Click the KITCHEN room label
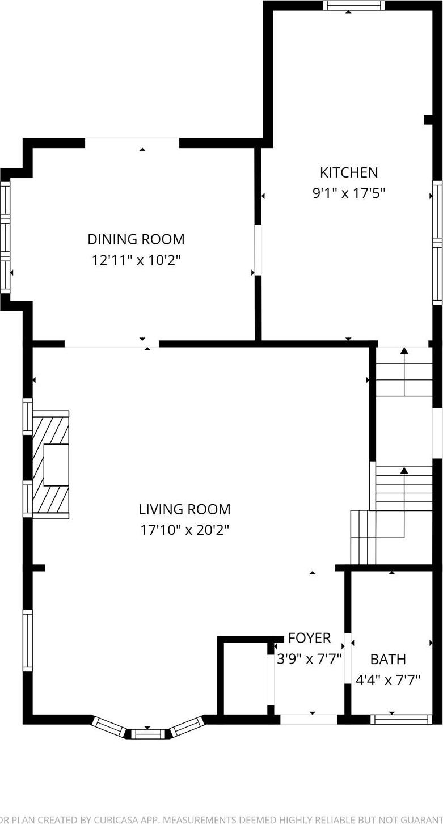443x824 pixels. pyautogui.click(x=348, y=172)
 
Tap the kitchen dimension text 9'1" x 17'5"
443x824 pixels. pyautogui.click(x=348, y=193)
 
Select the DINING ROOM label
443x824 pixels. pyautogui.click(x=136, y=239)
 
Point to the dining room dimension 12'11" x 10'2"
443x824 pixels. pyautogui.click(x=136, y=260)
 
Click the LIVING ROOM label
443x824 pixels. pyautogui.click(x=184, y=509)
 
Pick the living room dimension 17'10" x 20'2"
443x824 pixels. pyautogui.click(x=184, y=530)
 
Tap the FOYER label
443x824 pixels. pyautogui.click(x=309, y=638)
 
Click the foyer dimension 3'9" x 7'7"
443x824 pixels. pyautogui.click(x=309, y=659)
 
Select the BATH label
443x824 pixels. pyautogui.click(x=388, y=659)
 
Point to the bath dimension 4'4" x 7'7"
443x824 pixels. pyautogui.click(x=388, y=679)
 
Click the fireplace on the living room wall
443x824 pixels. pyautogui.click(x=51, y=464)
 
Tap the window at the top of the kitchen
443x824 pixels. pyautogui.click(x=354, y=6)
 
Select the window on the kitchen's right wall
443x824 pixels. pyautogui.click(x=437, y=242)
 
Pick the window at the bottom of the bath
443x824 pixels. pyautogui.click(x=401, y=719)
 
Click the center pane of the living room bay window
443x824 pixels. pyautogui.click(x=147, y=734)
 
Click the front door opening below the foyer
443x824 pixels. pyautogui.click(x=309, y=719)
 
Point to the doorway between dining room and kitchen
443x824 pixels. pyautogui.click(x=258, y=250)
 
